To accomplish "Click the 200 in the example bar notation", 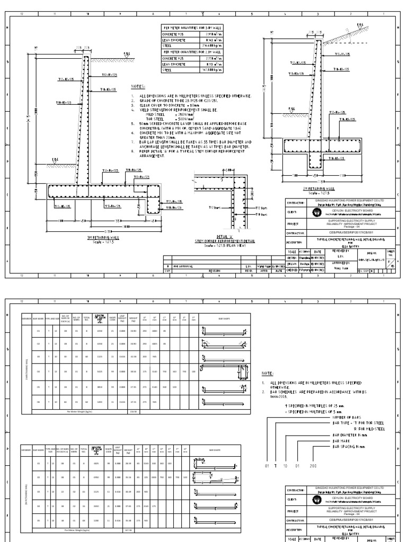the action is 314,466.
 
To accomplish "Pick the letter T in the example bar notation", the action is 276,466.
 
